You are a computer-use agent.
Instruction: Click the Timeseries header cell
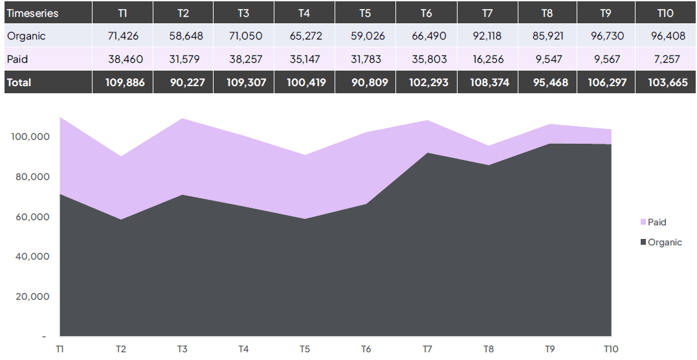click(x=33, y=13)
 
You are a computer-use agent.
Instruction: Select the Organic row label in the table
click(x=27, y=36)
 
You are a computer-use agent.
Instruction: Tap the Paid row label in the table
click(x=17, y=60)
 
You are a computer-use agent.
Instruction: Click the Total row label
click(x=19, y=83)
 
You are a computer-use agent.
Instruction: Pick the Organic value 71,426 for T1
click(x=123, y=36)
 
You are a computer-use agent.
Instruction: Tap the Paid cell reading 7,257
click(x=667, y=60)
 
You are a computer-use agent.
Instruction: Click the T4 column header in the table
click(x=304, y=13)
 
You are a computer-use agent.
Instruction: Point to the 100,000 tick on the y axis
click(x=30, y=137)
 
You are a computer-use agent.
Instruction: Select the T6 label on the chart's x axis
click(x=366, y=350)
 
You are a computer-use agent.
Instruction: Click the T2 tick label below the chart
click(x=121, y=350)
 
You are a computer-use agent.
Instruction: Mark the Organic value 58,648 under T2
click(x=183, y=36)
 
